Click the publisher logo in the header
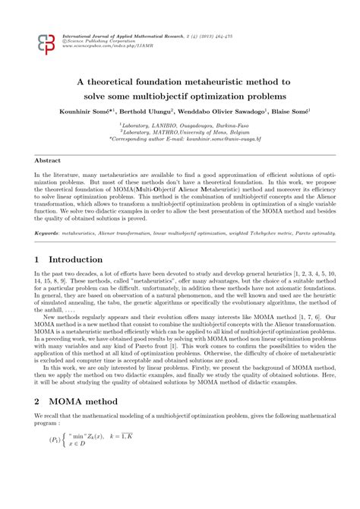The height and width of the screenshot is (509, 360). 46,45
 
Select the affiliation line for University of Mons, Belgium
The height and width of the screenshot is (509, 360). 179,133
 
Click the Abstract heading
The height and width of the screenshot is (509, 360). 47,161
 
